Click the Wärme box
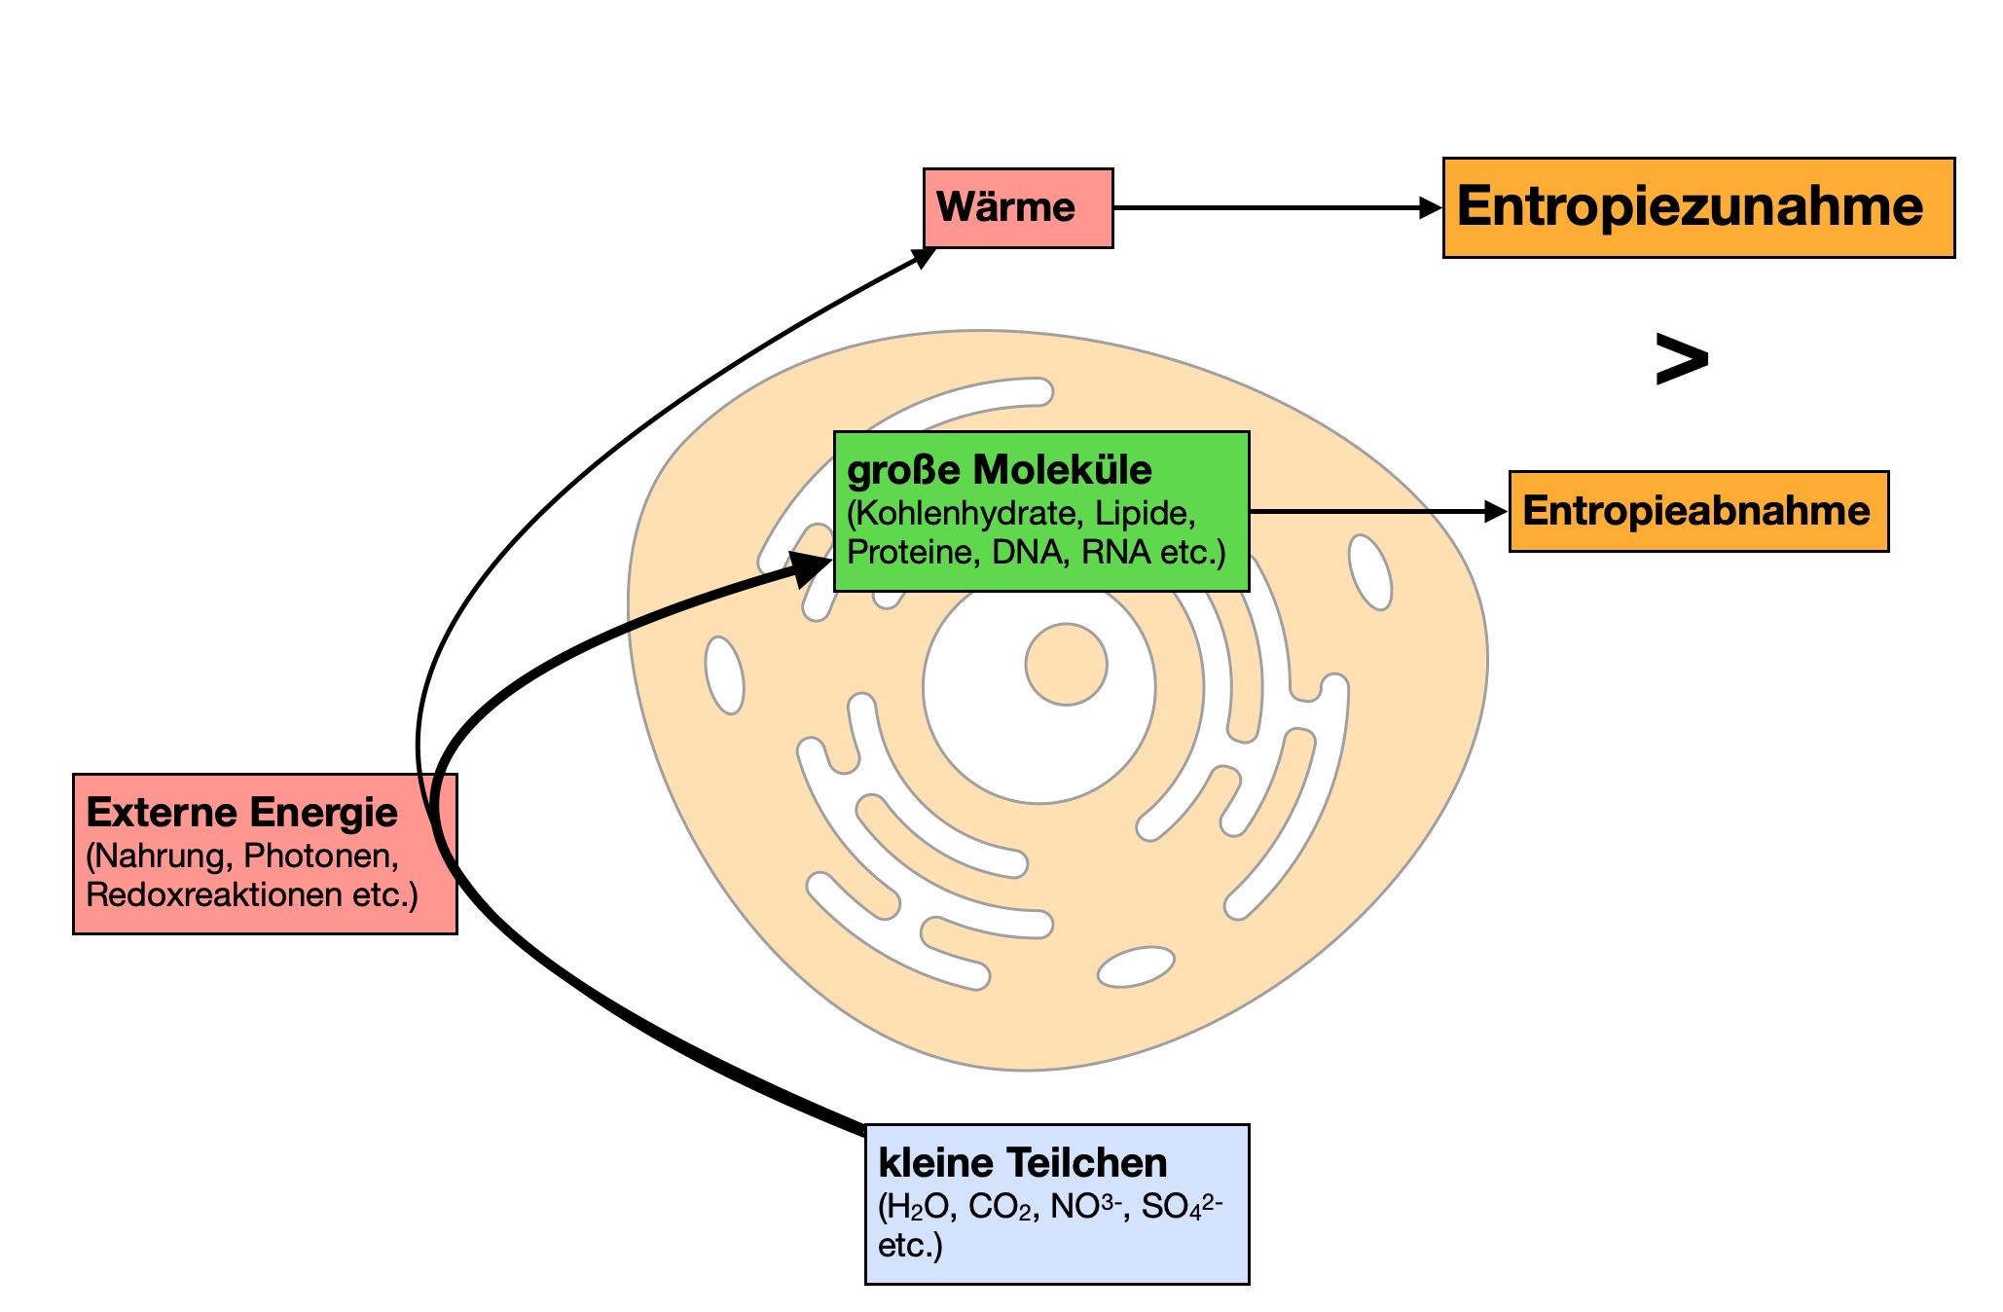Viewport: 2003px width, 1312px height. tap(1017, 207)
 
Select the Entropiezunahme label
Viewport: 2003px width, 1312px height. tap(1690, 207)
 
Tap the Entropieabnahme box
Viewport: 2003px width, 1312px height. tap(1696, 511)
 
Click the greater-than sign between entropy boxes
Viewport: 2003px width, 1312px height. tap(1681, 360)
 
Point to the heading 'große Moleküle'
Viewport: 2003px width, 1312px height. tap(1000, 470)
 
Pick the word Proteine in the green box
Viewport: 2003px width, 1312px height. tap(910, 552)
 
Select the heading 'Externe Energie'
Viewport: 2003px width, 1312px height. tap(241, 813)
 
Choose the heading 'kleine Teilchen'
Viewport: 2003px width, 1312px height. tap(1022, 1163)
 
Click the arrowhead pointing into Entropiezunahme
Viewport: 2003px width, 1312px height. tap(1430, 207)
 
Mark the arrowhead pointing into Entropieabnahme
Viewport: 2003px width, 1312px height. tap(1496, 511)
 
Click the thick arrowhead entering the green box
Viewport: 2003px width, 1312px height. tap(810, 568)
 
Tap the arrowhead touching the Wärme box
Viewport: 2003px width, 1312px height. tap(923, 257)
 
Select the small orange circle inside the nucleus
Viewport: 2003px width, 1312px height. tap(1066, 665)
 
